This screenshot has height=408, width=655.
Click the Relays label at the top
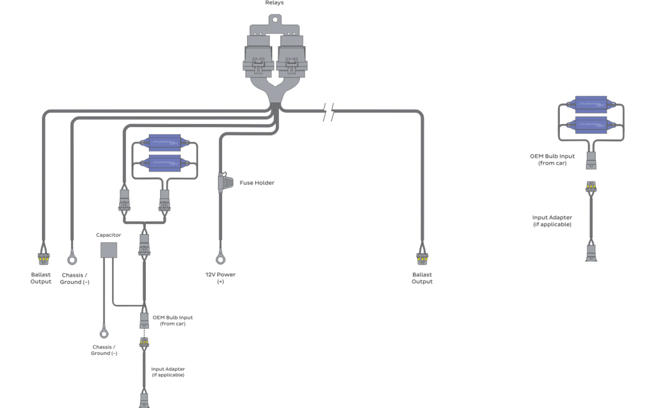point(274,2)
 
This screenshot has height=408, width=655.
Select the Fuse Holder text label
point(257,183)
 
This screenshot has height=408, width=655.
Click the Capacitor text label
point(108,235)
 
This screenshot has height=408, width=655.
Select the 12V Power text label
point(220,278)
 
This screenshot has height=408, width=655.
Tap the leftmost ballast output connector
point(43,258)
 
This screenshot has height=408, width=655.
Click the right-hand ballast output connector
point(422,258)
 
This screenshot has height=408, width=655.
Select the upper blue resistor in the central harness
point(164,143)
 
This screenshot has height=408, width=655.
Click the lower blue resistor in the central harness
point(164,162)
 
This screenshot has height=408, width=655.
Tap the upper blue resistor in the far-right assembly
point(591,105)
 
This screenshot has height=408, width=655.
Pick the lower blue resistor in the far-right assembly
point(591,125)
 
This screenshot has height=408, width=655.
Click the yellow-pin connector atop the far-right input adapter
point(591,187)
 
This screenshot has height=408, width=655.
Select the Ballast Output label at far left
point(41,278)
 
